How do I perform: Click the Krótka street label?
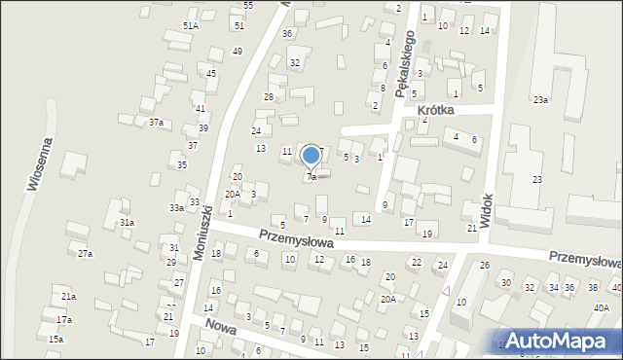click(436, 111)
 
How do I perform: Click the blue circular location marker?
click(311, 155)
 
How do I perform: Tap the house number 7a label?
click(311, 177)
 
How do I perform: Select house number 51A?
click(190, 25)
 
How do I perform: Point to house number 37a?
click(155, 122)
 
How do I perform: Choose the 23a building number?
click(540, 99)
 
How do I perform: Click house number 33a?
click(176, 207)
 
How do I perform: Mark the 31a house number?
click(127, 222)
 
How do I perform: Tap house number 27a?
click(85, 253)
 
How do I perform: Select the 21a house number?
click(68, 296)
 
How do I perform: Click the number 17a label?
click(63, 319)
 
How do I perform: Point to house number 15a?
click(55, 339)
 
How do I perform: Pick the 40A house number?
click(601, 307)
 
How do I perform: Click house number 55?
click(248, 6)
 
